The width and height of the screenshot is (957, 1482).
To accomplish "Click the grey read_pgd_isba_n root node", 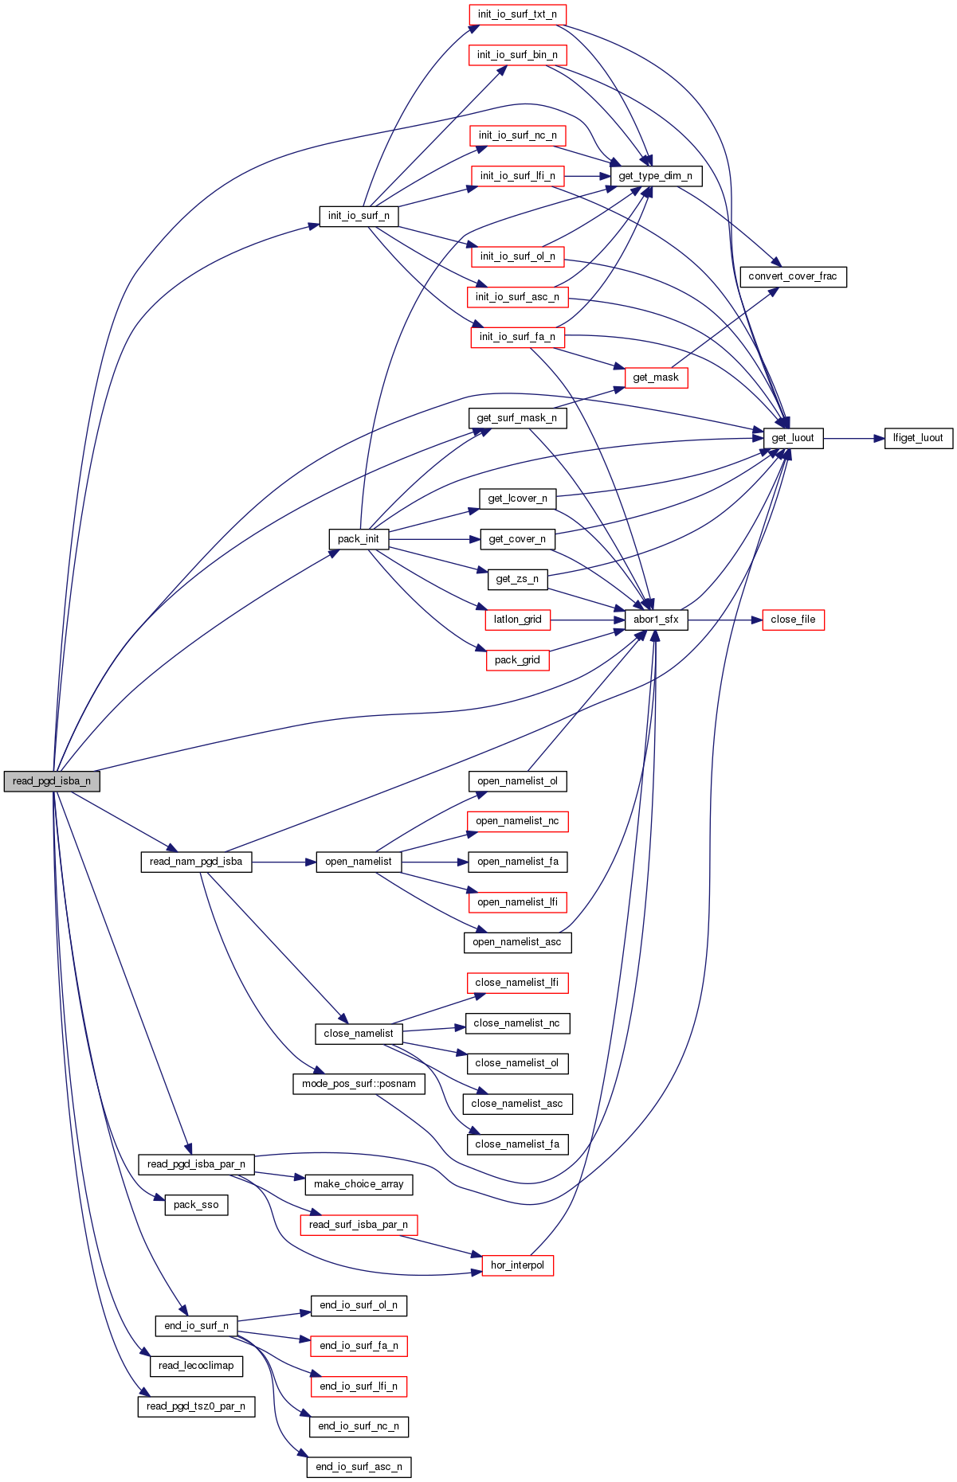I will tap(52, 781).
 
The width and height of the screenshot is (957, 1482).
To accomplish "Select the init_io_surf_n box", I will tap(359, 216).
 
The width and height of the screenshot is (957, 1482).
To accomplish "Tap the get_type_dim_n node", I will tap(655, 176).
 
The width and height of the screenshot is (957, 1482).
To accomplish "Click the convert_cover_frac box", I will tap(793, 276).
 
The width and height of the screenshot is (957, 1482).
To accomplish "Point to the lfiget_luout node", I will tap(918, 438).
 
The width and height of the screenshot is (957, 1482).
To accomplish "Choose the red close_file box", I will tap(793, 620).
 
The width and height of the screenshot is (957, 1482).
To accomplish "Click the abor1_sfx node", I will tap(656, 620).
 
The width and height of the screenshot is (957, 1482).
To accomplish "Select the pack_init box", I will tap(359, 539).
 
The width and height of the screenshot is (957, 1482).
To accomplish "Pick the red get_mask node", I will tap(656, 377).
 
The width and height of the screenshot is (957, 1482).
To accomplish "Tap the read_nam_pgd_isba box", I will tap(196, 862).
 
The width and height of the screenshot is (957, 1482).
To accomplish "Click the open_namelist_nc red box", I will tap(517, 821).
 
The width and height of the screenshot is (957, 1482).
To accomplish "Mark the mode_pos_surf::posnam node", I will tap(359, 1084).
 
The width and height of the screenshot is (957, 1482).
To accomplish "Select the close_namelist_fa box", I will tap(517, 1144).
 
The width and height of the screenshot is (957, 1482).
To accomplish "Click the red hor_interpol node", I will tap(517, 1265).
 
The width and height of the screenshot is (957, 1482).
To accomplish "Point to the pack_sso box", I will tap(196, 1205).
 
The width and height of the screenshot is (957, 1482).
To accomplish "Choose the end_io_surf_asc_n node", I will tap(359, 1467).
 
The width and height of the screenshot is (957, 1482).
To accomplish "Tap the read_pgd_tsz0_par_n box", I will tap(196, 1406).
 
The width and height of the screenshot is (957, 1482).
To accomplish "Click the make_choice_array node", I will tap(359, 1184).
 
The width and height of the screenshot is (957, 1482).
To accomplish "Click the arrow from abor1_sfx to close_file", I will tap(725, 620).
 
